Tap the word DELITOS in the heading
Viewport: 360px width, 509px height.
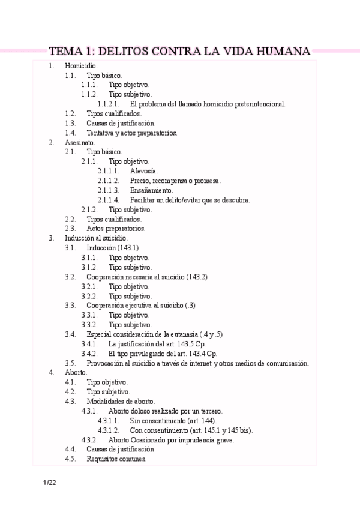[x=119, y=51]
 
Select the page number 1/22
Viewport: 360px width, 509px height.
[x=49, y=483]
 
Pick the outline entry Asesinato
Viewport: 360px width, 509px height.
[x=80, y=142]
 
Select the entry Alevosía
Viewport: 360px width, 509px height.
[x=144, y=171]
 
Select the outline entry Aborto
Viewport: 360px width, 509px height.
[x=76, y=373]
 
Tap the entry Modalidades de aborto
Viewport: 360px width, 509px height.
[x=121, y=402]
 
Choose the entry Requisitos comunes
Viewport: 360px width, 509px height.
[x=116, y=459]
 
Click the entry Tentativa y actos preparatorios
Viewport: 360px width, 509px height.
[x=131, y=133]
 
